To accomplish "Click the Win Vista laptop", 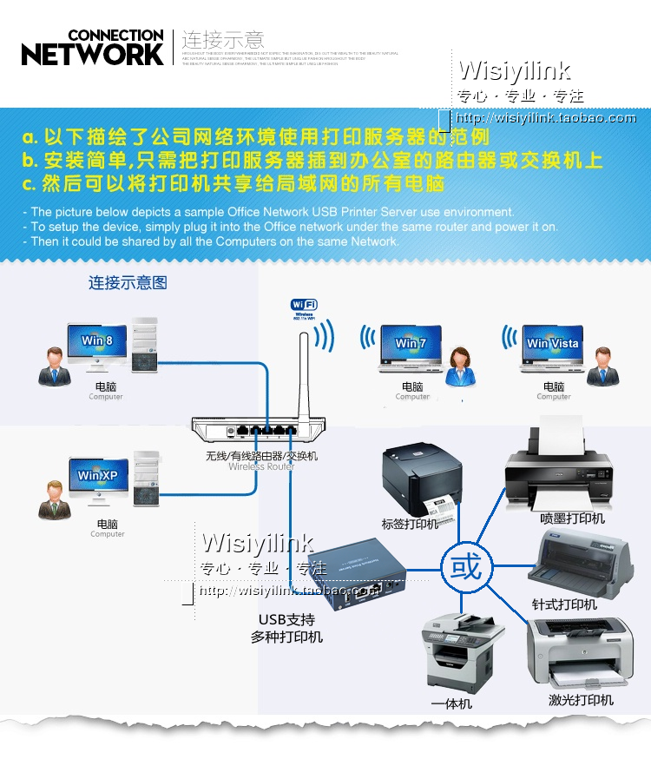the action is [x=552, y=347].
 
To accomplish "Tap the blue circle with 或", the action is [x=466, y=569].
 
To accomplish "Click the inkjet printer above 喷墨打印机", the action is [x=556, y=470].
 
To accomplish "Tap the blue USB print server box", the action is [x=357, y=571].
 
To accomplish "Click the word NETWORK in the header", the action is [x=92, y=54].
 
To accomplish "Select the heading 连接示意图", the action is [x=128, y=282].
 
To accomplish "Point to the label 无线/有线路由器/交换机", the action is [x=261, y=455].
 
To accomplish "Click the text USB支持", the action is [x=286, y=620].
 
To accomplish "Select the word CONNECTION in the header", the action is [x=115, y=35].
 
